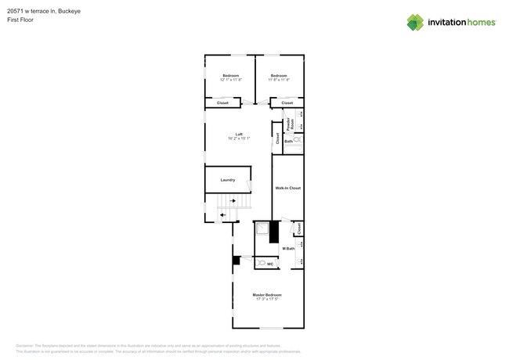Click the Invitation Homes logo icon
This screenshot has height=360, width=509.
coord(415,23)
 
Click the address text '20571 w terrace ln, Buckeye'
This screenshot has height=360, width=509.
coord(44,11)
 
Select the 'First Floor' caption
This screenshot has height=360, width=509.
coord(20,20)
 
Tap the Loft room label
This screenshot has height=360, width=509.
coord(239,134)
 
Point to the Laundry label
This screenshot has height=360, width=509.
coord(227,180)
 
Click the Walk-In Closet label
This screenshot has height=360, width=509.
coord(287,188)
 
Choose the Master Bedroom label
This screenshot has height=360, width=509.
coord(267,295)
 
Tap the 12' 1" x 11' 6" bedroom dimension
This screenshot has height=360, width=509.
coord(230,80)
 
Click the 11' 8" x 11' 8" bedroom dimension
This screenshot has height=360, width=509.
coord(279,80)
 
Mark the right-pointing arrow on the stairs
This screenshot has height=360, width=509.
coord(233,201)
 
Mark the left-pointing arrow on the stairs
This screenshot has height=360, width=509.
coord(222,214)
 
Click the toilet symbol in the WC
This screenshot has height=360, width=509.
coord(261,264)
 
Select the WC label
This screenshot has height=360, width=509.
coord(270,265)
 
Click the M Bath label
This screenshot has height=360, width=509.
coord(288,248)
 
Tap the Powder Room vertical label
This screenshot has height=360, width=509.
coord(290,123)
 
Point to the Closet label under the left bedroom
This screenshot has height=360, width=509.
coord(222,103)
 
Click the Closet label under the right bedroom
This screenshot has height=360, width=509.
coord(287,103)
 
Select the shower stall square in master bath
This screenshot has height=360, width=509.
coord(262,229)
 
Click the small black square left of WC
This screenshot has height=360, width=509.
coord(236,260)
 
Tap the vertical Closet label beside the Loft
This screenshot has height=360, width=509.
coord(277,139)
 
